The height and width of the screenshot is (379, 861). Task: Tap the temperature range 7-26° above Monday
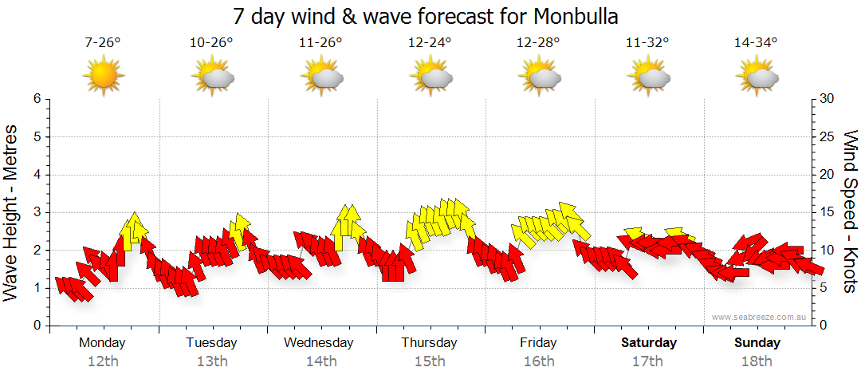(x=103, y=43)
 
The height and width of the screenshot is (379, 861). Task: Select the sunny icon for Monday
(x=104, y=77)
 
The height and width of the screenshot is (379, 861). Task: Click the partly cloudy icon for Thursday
(x=431, y=77)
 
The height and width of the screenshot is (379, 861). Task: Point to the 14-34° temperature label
(x=756, y=43)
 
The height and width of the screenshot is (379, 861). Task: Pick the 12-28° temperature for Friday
(x=538, y=43)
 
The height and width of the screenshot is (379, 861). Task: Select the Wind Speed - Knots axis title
(x=850, y=211)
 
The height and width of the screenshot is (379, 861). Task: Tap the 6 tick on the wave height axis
(x=36, y=99)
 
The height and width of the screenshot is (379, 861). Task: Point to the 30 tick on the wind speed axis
(x=828, y=99)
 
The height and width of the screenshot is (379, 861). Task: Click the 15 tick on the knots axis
(x=828, y=212)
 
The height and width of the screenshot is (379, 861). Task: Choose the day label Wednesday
(x=318, y=343)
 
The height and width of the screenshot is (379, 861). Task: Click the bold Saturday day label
(x=648, y=343)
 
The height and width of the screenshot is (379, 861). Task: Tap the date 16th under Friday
(x=539, y=361)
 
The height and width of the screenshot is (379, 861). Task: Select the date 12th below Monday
(x=103, y=361)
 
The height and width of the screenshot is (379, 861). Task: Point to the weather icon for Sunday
(x=757, y=77)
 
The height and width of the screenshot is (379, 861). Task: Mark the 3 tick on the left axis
(x=36, y=212)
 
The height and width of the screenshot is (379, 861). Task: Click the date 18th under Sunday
(x=757, y=361)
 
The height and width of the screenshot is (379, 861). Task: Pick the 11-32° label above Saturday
(x=647, y=43)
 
